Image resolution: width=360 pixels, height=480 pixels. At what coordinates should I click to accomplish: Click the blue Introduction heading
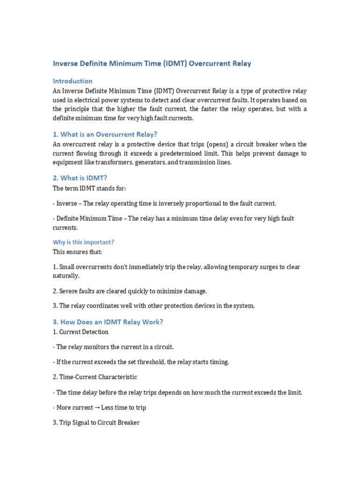tap(73, 81)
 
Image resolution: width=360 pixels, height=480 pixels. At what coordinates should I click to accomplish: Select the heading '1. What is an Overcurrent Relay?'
tap(105, 134)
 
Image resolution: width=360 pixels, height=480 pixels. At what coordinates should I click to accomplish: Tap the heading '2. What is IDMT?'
tap(81, 178)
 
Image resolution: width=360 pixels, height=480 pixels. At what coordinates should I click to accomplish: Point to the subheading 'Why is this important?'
tap(83, 242)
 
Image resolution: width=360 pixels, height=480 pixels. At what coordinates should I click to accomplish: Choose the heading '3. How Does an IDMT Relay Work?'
tap(108, 322)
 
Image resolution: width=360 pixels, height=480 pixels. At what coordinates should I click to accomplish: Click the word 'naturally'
tap(66, 276)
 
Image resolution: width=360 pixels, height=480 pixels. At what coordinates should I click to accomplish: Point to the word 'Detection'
tap(95, 332)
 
